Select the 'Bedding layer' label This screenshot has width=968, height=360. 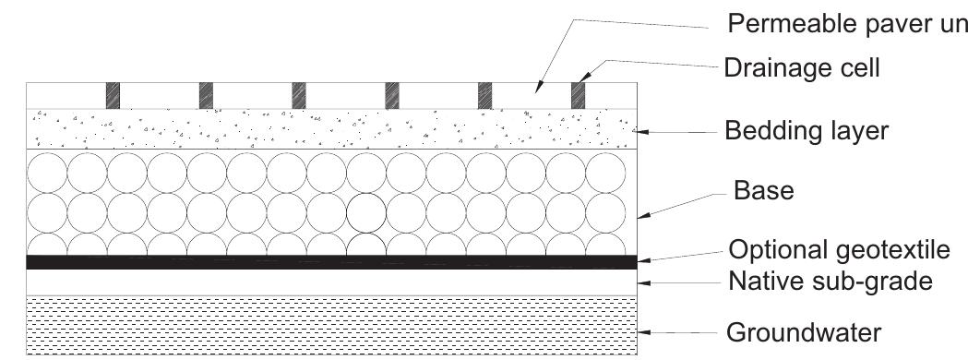(808, 131)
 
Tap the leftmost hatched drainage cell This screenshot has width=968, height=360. (114, 94)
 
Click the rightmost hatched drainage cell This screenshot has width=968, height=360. (578, 94)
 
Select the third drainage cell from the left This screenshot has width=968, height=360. (299, 94)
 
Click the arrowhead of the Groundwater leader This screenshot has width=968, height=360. (646, 331)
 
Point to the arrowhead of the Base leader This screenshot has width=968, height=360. (645, 218)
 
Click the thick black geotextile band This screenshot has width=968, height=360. (332, 262)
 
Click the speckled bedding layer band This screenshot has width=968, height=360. (332, 128)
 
